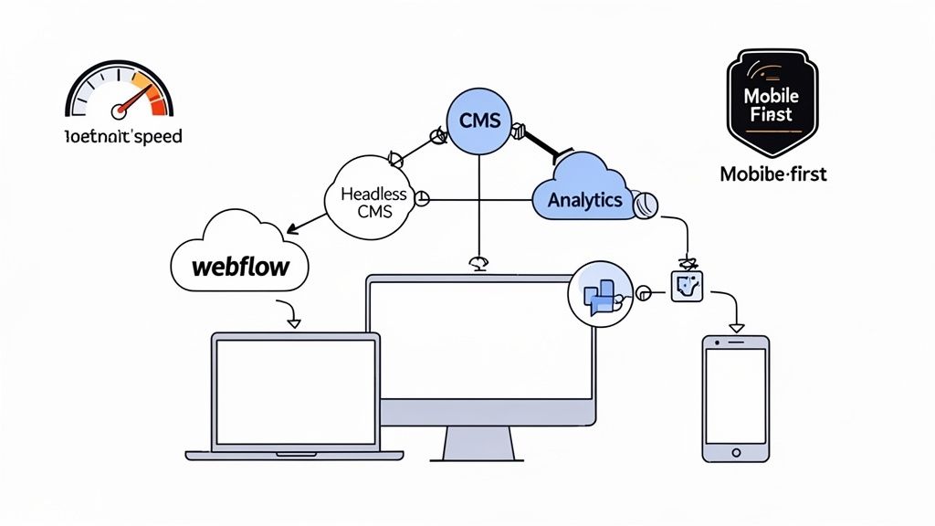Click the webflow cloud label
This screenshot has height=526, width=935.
point(240,267)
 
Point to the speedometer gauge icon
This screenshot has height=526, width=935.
point(119,91)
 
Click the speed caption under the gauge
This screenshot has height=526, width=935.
point(124,137)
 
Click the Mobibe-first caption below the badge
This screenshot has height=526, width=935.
point(772,173)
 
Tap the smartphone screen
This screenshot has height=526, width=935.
point(735,395)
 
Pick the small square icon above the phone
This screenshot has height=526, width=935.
point(687,286)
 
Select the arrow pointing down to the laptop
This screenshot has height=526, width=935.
point(293,321)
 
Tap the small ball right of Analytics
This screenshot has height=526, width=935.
point(647,204)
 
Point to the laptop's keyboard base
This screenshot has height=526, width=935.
point(294,455)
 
